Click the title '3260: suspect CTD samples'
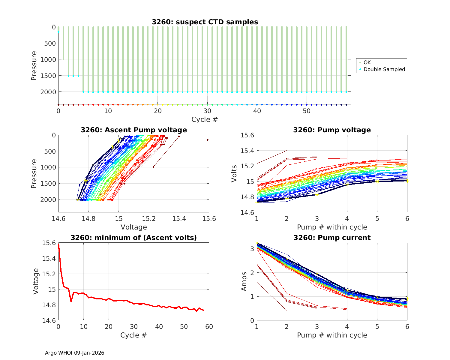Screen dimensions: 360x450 [x=205, y=22]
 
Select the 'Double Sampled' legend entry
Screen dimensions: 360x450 [x=384, y=69]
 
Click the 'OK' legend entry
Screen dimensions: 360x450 [x=367, y=62]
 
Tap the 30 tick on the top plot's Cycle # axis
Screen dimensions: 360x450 [x=207, y=111]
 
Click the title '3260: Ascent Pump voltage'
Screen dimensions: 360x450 [x=134, y=130]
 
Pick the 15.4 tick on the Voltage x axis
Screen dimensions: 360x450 [x=179, y=218]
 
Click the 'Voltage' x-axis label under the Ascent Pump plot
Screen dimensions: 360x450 [x=134, y=227]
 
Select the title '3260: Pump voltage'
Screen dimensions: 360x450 [x=332, y=130]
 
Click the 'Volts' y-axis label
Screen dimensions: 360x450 [x=234, y=174]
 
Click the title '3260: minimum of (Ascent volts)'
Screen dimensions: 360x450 [x=134, y=238]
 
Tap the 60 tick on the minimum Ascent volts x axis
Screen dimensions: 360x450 [x=209, y=326]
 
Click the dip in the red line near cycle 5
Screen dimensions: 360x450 [x=71, y=301]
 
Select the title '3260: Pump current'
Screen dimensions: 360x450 [x=332, y=238]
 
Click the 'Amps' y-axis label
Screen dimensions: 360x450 [x=244, y=281]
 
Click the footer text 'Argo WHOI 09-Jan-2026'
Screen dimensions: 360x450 [x=75, y=353]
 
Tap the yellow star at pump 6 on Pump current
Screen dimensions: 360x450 [x=407, y=299]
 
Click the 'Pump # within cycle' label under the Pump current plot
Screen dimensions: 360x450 [x=332, y=335]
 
